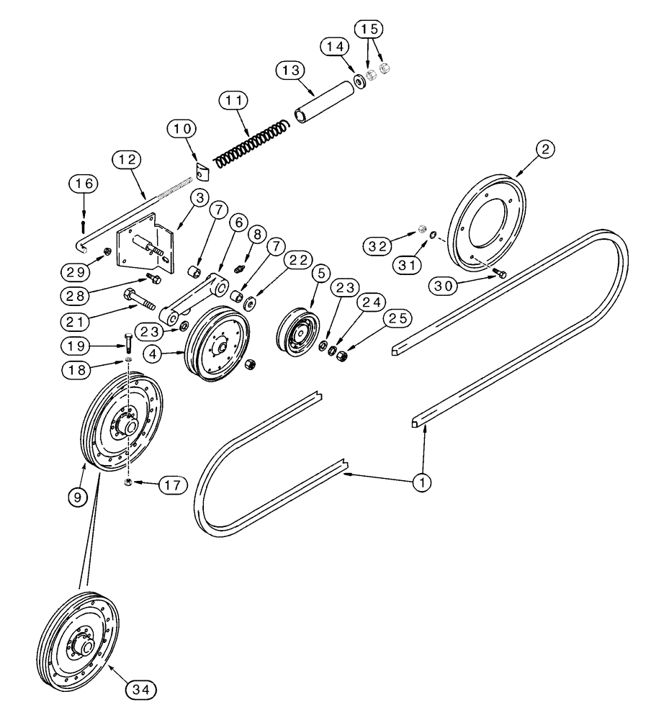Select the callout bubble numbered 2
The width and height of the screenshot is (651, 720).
[546, 149]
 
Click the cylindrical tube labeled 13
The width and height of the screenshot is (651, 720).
[323, 101]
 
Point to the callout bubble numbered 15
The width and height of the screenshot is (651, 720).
[369, 30]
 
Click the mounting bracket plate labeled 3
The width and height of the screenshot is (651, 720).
[148, 249]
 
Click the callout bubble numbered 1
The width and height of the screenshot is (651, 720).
[422, 482]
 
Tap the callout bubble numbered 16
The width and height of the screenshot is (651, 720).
[84, 184]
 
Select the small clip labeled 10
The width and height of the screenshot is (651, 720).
[202, 174]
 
